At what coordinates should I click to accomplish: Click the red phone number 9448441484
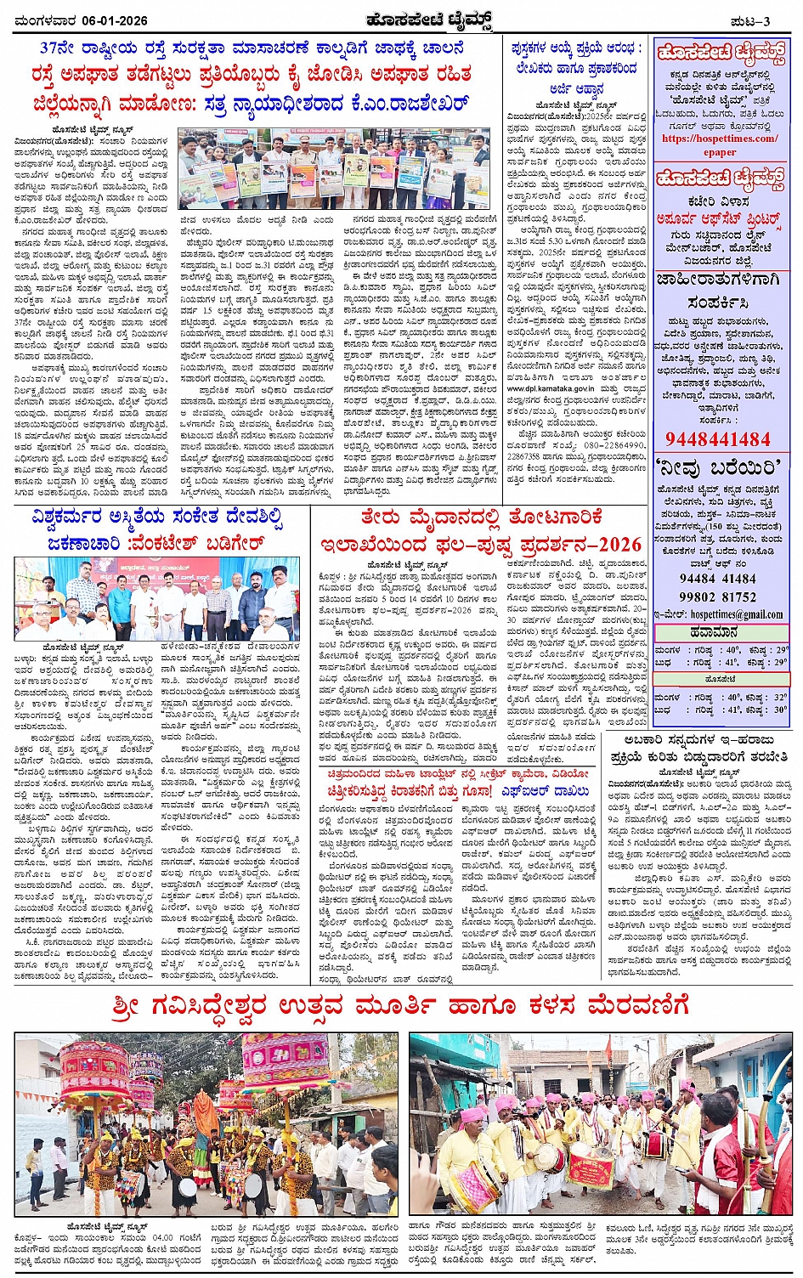click(x=718, y=439)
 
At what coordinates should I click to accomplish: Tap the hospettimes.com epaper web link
click(x=720, y=144)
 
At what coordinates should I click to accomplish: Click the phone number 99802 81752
click(x=718, y=597)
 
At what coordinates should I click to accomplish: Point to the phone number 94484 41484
click(x=718, y=579)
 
